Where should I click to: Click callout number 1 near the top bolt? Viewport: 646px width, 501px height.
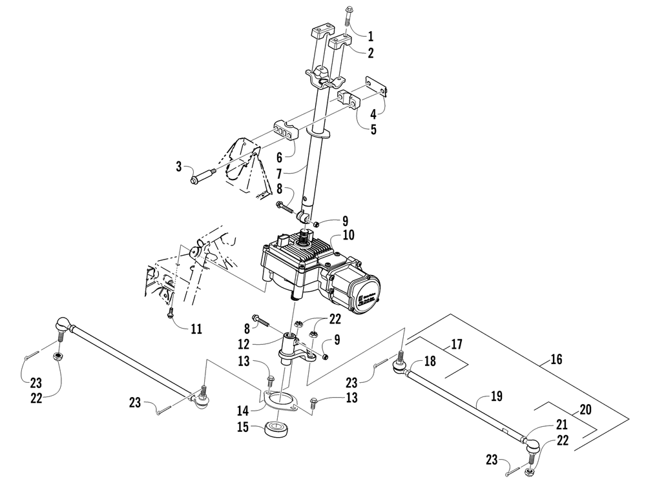pos(370,36)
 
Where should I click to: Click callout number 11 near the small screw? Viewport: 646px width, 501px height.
pos(196,329)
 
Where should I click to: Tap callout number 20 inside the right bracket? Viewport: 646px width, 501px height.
pos(585,409)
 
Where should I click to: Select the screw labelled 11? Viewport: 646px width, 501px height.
pos(169,312)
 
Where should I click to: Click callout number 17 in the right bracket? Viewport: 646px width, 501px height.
pos(456,345)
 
